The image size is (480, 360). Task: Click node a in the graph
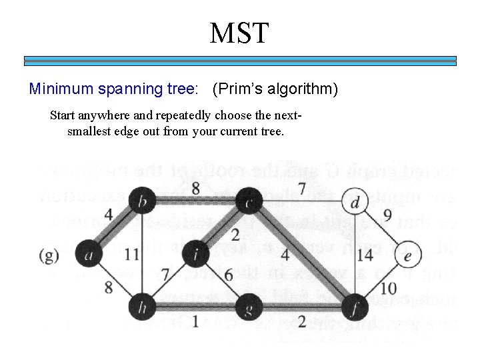click(88, 253)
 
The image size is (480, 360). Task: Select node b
click(141, 201)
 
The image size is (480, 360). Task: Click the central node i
click(194, 253)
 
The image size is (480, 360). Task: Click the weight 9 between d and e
click(388, 216)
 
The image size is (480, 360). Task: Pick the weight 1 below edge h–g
click(195, 321)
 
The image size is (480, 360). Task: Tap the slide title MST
click(239, 33)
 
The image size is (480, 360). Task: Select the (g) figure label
click(48, 254)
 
